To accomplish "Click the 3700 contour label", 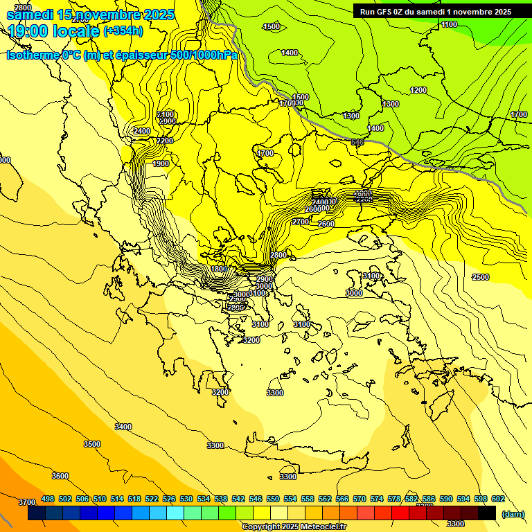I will point(26,502).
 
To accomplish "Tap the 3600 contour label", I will point(60,476).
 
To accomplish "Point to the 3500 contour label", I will point(91,444).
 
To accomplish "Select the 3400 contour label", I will point(123,427).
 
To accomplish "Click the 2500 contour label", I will point(480,277).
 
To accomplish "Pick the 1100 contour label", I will point(449,24).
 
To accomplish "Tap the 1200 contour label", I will point(418,91).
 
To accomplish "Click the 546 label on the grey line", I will point(357,143).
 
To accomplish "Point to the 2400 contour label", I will point(142,131).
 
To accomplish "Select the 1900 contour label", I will point(161,163).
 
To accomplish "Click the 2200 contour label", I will point(165,141).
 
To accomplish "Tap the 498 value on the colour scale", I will point(48,499).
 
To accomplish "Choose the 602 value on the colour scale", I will point(498,499).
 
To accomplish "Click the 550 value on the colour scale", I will point(273,499).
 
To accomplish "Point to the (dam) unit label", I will point(513,514).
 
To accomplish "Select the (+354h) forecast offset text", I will point(123,30).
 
